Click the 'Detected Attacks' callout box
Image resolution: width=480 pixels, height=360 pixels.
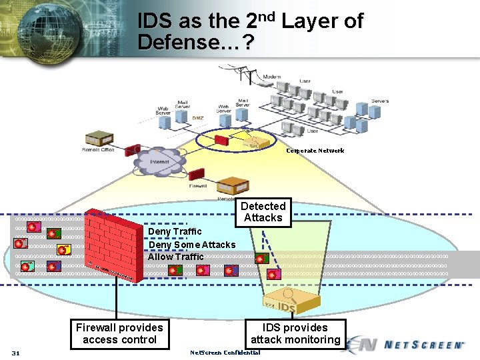point(263,212)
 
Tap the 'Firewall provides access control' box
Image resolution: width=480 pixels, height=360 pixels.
point(119,333)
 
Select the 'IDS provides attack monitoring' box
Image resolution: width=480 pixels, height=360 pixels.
point(295,333)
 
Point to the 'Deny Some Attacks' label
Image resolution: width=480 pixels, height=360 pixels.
point(191,245)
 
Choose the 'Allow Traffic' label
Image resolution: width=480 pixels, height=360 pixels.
point(176,257)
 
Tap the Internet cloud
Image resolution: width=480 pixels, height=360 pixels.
point(160,162)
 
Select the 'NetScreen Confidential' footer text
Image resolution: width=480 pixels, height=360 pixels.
point(225,352)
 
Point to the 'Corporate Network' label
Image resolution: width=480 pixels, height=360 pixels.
point(315,151)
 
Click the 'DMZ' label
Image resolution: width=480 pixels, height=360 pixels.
point(198,118)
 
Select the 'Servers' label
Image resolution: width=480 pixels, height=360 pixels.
point(380,101)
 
